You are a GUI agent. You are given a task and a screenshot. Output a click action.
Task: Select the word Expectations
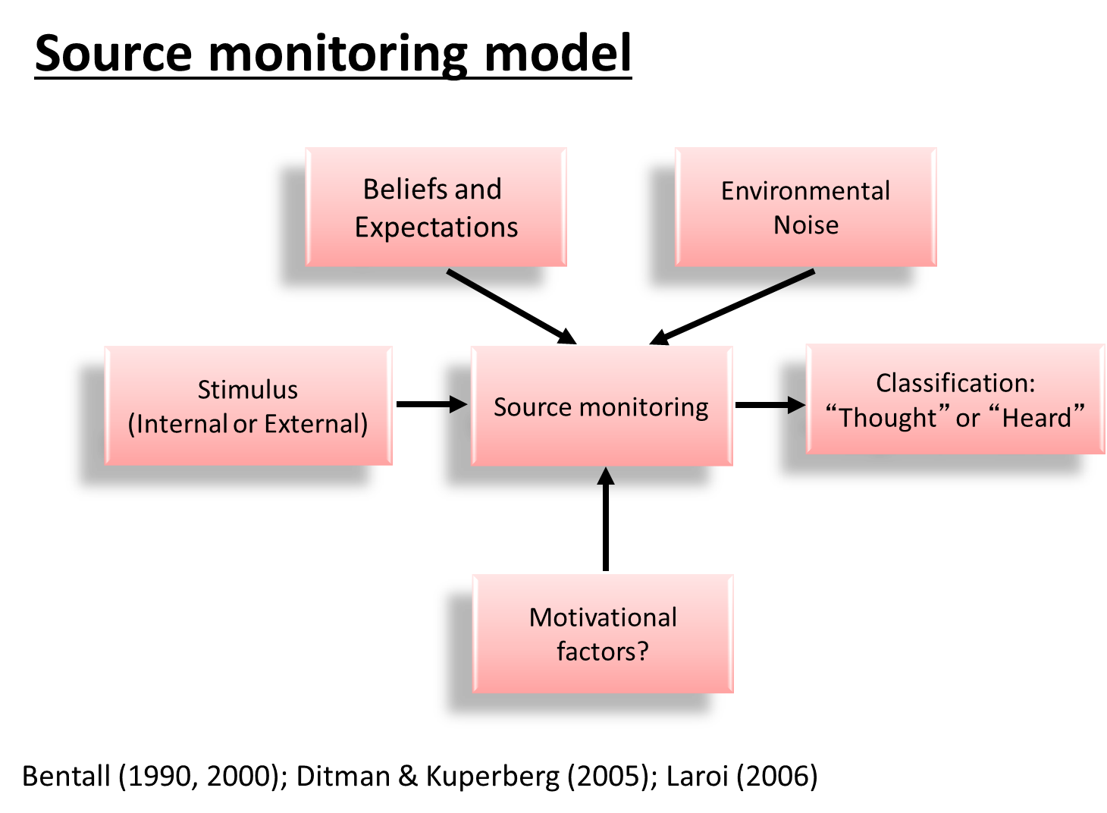(x=436, y=228)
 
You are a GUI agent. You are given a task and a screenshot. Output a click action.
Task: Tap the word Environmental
(x=805, y=191)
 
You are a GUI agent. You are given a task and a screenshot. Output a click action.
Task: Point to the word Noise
(x=806, y=225)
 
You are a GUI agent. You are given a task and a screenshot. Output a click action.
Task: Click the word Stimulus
(x=248, y=390)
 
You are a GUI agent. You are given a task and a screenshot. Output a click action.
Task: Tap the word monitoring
(x=644, y=407)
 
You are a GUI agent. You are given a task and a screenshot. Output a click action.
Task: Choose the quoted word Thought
(x=888, y=418)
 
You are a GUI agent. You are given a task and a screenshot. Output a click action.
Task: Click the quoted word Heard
(x=1036, y=418)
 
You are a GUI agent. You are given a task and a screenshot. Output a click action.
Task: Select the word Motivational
(x=603, y=617)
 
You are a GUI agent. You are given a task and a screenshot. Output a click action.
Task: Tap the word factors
(x=597, y=651)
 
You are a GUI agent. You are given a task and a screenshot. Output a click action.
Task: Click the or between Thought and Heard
(x=967, y=419)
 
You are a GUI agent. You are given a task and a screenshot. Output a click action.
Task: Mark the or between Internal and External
(x=245, y=425)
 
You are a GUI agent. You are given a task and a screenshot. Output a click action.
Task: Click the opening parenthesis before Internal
(x=132, y=424)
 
